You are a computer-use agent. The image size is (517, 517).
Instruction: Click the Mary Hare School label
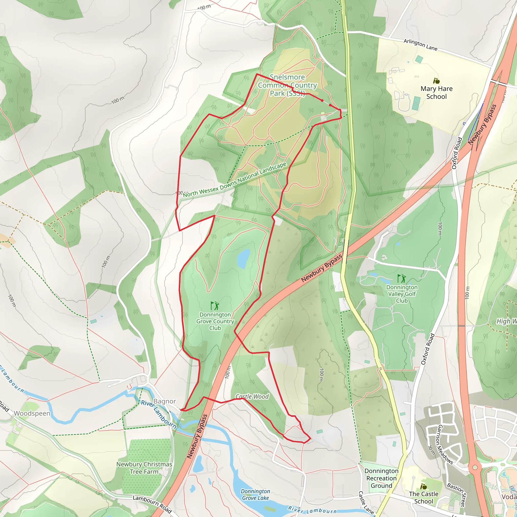[x=436, y=93]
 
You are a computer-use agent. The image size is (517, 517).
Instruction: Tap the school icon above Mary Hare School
[x=436, y=81]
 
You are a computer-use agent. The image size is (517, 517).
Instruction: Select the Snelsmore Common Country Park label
[x=287, y=85]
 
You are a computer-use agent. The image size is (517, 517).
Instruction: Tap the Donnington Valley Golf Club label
[x=402, y=294]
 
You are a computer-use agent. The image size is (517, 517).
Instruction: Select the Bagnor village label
[x=165, y=401]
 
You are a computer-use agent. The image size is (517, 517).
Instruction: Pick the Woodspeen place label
[x=32, y=413]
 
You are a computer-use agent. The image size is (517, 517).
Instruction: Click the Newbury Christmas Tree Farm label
[x=144, y=468]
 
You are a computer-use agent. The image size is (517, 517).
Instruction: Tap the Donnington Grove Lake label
[x=255, y=495]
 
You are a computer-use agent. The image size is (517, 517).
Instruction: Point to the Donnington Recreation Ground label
[x=381, y=478]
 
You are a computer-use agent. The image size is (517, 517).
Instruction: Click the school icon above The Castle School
[x=423, y=486]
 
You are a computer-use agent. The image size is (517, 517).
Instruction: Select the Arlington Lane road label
[x=420, y=45]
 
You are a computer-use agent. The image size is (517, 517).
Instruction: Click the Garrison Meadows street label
[x=445, y=445]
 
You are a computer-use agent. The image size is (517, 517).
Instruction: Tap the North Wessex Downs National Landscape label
[x=235, y=180]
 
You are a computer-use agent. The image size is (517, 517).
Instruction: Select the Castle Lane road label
[x=366, y=502]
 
